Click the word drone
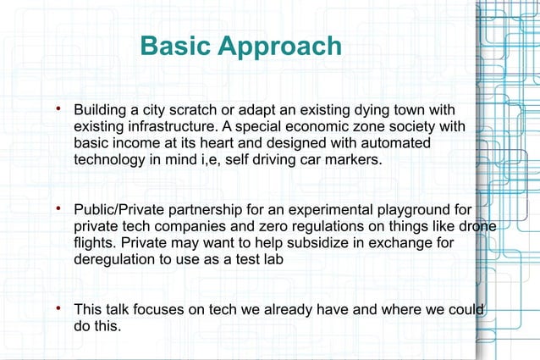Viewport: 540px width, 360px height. tap(477, 224)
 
